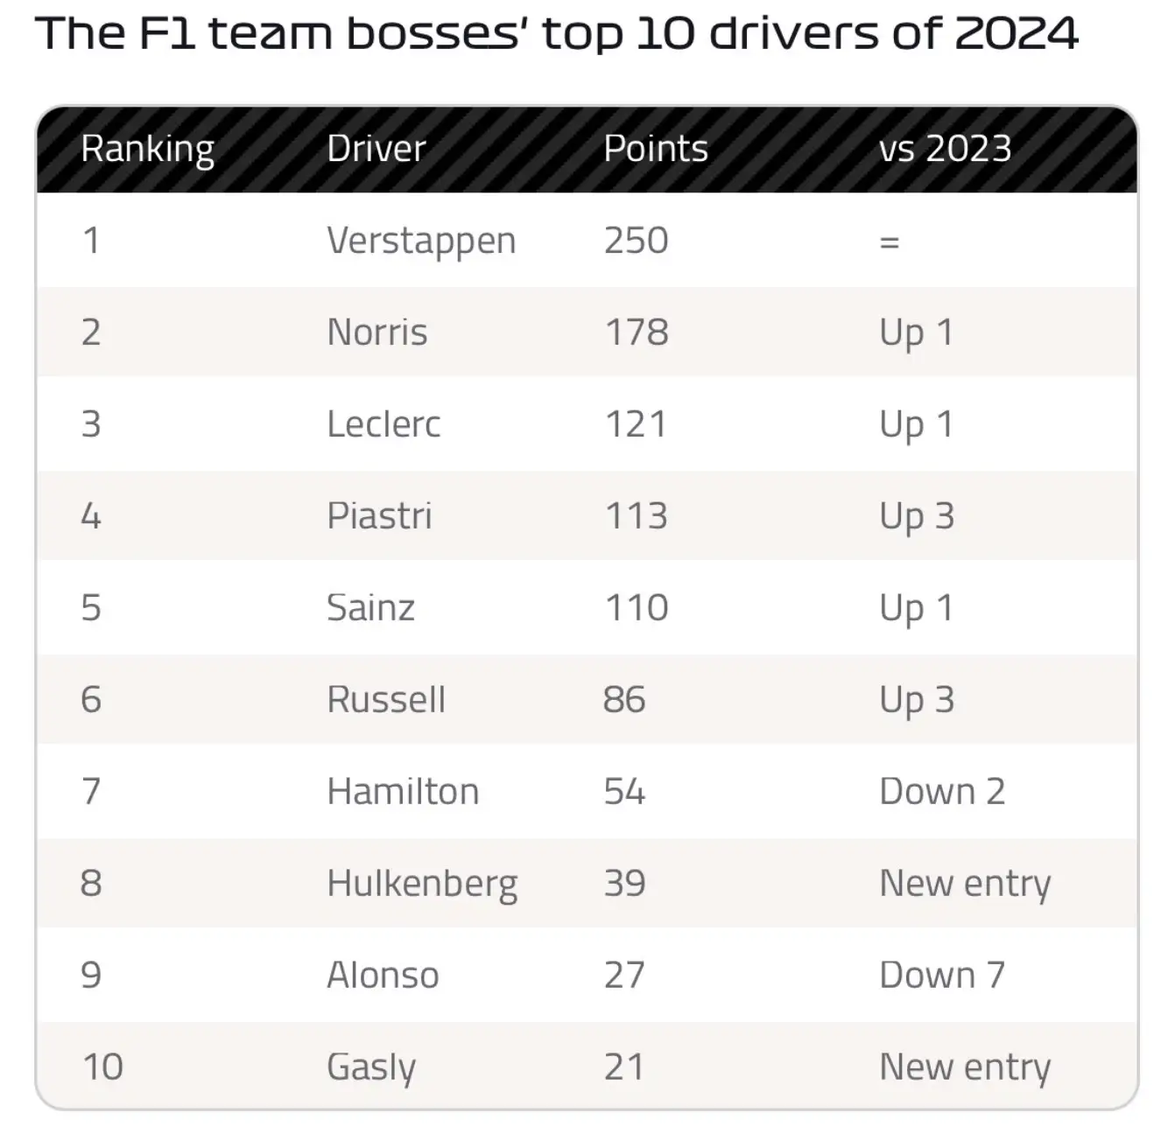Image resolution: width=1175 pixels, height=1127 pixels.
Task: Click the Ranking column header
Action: point(147,149)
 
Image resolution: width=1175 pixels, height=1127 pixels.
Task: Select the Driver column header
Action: point(376,149)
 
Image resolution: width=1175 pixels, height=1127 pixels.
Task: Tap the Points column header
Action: point(655,149)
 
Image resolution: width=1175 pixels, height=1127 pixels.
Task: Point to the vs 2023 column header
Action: point(945,149)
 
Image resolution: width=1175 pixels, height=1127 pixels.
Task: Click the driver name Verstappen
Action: point(421,241)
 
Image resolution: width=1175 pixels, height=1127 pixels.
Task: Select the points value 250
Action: point(636,241)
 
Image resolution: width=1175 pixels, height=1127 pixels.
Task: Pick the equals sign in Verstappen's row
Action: point(890,241)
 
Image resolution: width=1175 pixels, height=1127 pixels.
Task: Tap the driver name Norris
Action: point(377,332)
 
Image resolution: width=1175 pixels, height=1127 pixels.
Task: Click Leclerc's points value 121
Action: point(636,424)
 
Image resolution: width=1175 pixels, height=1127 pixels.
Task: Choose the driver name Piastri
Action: point(379,516)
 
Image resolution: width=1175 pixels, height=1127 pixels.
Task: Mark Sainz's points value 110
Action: point(636,608)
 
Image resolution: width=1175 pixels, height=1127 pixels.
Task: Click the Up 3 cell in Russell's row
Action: point(916,700)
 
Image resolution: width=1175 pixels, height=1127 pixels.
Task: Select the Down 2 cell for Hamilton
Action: point(941,792)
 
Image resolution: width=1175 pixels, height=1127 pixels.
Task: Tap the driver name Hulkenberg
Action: point(422,884)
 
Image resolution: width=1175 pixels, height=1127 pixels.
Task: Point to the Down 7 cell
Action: point(941,976)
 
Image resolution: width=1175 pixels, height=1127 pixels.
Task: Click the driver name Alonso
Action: point(383,976)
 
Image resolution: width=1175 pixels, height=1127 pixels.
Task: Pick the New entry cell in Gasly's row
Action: point(964,1067)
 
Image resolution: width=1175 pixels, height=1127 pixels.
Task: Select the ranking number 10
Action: point(102,1067)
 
